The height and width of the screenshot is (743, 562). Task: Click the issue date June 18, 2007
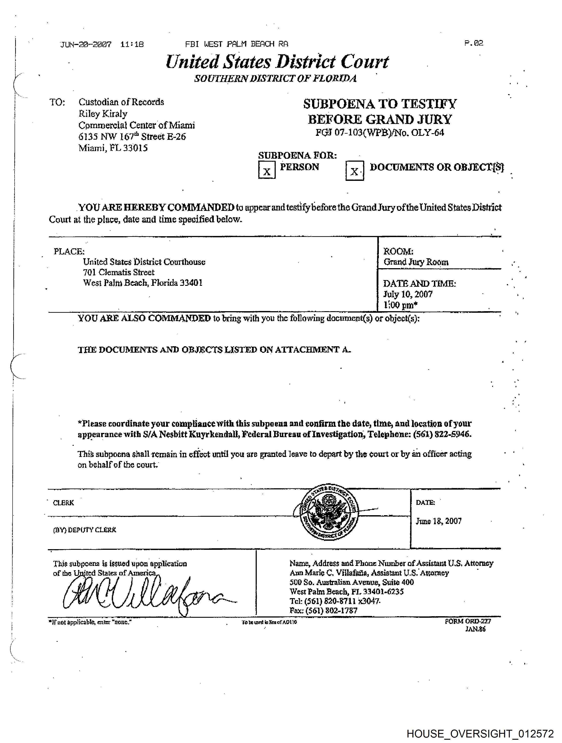[x=438, y=521]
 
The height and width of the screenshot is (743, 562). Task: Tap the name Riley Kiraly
[x=103, y=114]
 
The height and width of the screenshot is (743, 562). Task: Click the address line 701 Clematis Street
[x=119, y=272]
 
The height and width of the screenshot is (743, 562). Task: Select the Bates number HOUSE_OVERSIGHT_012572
[x=480, y=733]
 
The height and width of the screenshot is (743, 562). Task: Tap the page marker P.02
[x=474, y=43]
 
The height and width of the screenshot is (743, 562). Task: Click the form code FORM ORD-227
[x=468, y=621]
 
